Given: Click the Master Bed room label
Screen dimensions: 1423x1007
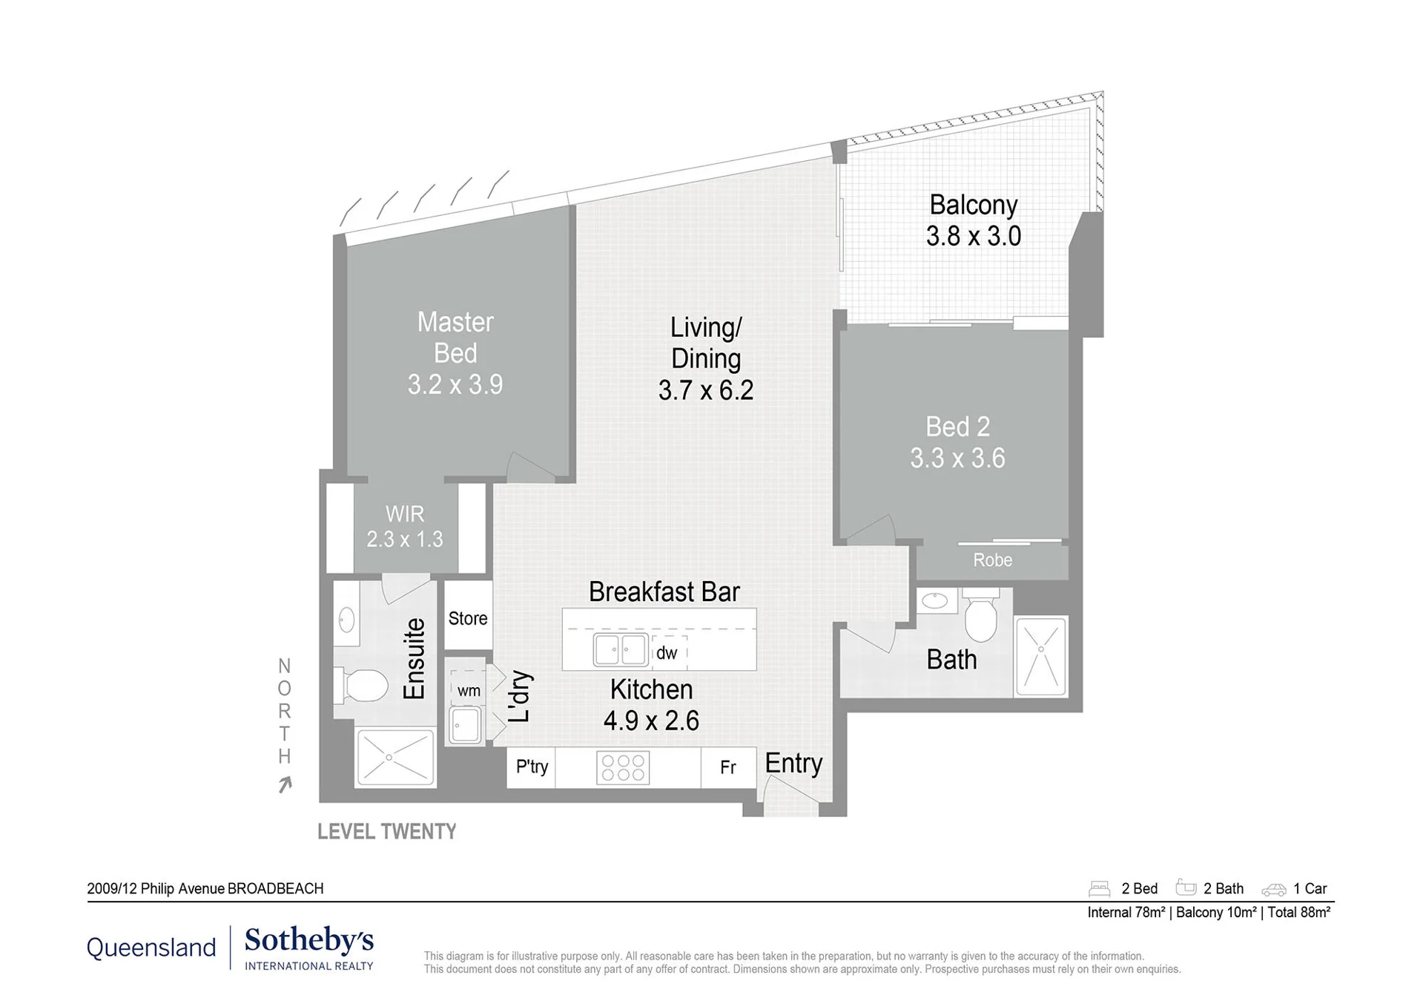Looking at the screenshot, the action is click(x=455, y=338).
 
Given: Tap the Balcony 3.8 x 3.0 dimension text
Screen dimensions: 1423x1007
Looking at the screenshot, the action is click(x=973, y=236).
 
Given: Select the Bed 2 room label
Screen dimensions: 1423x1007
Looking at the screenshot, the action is click(x=957, y=427).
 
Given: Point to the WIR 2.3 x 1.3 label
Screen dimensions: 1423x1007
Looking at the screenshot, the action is click(x=405, y=526).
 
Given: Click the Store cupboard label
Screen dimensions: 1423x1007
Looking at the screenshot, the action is click(x=468, y=618).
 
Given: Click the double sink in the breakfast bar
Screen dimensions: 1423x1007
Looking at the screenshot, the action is click(x=621, y=650).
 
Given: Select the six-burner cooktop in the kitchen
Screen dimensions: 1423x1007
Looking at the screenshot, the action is click(x=623, y=768).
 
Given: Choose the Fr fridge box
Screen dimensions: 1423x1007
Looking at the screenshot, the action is click(x=728, y=767).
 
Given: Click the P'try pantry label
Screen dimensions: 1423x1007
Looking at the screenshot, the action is click(x=532, y=767).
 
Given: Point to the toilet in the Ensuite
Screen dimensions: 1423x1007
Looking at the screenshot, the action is click(x=361, y=685).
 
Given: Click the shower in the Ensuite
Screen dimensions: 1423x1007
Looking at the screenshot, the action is click(x=395, y=758).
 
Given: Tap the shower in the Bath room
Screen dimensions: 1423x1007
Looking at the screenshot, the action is click(x=1041, y=656).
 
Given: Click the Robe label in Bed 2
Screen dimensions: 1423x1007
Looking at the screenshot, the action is click(x=992, y=560).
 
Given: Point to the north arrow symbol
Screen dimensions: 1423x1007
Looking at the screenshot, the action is click(x=285, y=784).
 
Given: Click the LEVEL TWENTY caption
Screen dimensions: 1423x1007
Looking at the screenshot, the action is click(x=386, y=832).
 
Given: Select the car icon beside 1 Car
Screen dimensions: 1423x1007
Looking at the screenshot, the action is click(x=1273, y=889).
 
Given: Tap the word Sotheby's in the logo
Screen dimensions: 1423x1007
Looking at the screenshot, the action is click(x=309, y=940).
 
